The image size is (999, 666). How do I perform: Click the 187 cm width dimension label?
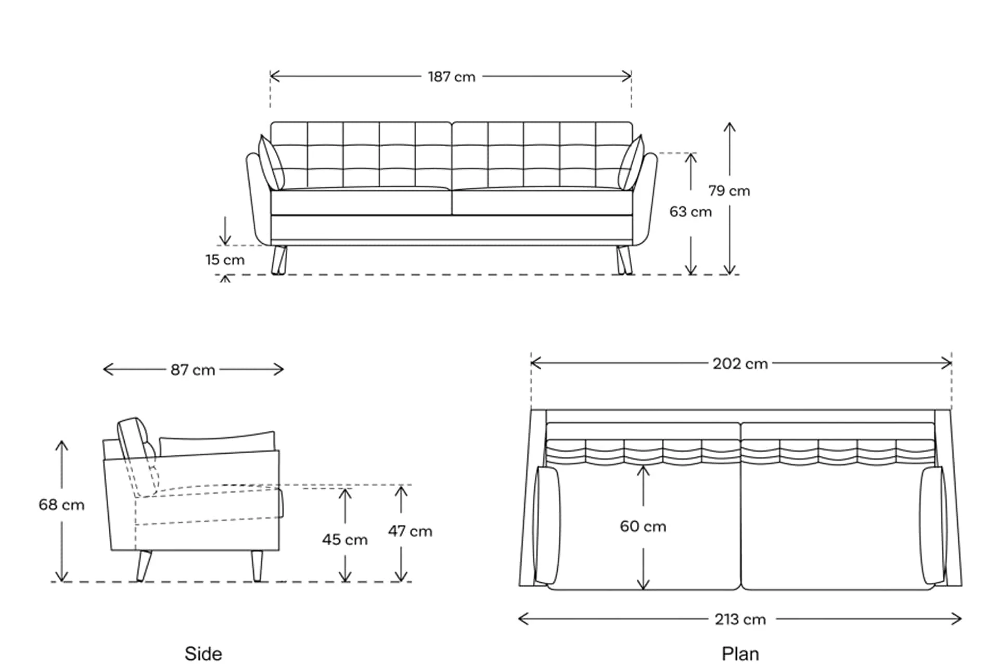click(452, 77)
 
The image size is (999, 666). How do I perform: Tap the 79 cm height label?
click(729, 191)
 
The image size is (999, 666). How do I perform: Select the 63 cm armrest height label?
click(690, 212)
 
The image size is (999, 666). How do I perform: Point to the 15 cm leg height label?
click(225, 260)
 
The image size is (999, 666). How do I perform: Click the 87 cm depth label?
click(193, 370)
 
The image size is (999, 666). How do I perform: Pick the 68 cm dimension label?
click(61, 505)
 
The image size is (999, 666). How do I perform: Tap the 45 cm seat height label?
click(344, 540)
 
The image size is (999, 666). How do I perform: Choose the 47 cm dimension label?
click(410, 531)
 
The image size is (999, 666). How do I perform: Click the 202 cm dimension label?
click(740, 364)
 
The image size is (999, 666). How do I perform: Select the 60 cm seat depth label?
click(643, 527)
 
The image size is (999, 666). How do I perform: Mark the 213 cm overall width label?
click(740, 620)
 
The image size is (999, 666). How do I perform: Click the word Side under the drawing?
click(203, 654)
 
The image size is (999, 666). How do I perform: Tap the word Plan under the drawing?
click(740, 654)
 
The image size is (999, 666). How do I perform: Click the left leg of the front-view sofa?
click(279, 260)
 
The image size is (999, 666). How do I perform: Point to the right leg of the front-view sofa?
click(624, 260)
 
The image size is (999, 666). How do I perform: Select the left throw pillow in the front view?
click(271, 163)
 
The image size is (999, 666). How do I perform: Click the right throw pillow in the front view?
click(631, 163)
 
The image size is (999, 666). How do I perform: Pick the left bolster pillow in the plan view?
click(547, 526)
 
